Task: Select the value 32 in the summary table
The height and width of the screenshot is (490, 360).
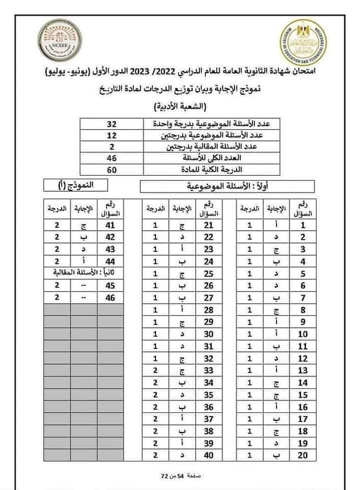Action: pos(112,124)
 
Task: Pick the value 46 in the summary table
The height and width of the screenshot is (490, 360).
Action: pos(112,158)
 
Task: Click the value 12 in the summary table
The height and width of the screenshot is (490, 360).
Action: pos(112,135)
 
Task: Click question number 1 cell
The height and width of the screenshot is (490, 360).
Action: pos(303,225)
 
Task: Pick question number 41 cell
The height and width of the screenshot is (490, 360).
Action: pos(110,225)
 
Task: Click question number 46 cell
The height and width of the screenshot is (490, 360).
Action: pos(110,297)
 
